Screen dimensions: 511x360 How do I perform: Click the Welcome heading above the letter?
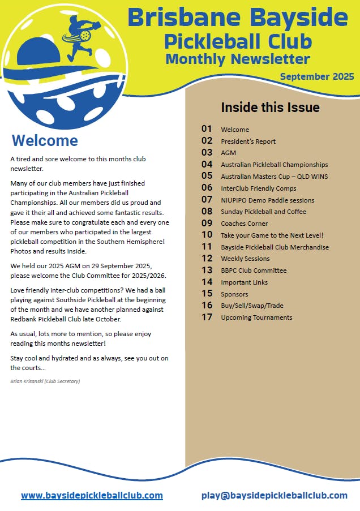[45, 140]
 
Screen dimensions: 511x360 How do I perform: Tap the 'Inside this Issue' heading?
[270, 108]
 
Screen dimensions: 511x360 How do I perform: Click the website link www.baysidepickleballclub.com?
[92, 495]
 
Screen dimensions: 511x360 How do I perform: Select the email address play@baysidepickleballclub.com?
[274, 495]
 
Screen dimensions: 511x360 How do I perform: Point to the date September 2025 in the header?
[316, 76]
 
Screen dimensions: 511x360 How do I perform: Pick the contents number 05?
[207, 176]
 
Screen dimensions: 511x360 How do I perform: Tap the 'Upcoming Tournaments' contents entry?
[256, 317]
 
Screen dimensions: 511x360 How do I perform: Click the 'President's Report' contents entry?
[248, 141]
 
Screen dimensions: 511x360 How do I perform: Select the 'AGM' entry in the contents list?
[228, 153]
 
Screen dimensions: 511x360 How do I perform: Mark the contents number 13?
[207, 270]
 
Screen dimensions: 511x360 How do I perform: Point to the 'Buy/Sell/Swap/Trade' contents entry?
[252, 306]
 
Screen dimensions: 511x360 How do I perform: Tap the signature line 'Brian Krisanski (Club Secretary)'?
[45, 381]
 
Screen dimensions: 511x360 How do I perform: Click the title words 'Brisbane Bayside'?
[237, 18]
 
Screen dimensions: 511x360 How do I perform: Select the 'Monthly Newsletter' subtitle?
[238, 59]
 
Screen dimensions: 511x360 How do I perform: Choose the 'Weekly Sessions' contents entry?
[245, 259]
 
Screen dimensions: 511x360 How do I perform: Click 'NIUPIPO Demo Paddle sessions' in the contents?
[267, 200]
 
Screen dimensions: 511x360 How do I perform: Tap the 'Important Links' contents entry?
[244, 282]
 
